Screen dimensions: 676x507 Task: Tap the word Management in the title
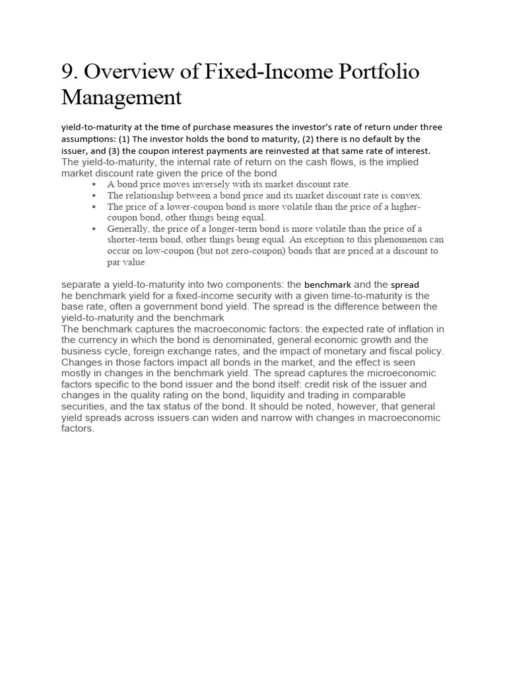(x=121, y=98)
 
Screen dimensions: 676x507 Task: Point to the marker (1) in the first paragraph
(x=121, y=139)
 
